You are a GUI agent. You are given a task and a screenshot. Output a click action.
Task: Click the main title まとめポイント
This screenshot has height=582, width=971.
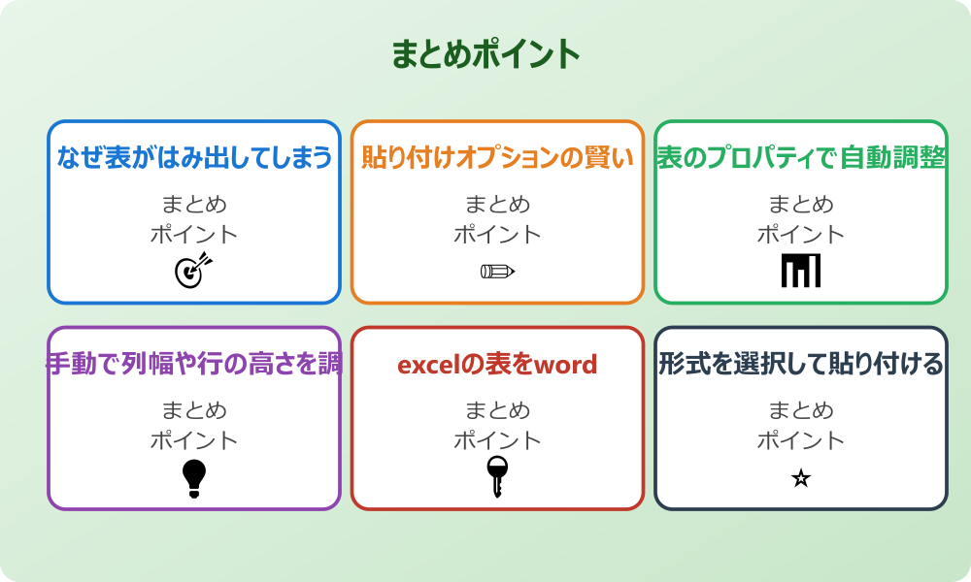tap(485, 54)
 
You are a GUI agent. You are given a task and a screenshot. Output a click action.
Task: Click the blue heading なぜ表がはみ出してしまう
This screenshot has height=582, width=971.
tap(194, 157)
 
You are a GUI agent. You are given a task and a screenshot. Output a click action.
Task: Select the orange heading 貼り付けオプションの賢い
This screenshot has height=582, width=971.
tap(497, 157)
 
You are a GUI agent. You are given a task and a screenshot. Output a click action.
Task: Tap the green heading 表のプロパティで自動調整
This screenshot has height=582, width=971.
tap(801, 157)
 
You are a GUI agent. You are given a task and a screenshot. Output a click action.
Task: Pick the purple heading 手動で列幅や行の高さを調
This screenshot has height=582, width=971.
tap(194, 364)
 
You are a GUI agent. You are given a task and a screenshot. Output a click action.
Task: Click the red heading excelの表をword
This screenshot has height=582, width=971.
tap(497, 365)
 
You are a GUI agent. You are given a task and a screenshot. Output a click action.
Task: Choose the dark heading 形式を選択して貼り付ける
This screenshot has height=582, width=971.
tap(801, 364)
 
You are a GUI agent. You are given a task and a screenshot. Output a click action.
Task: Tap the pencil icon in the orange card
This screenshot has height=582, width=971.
tap(497, 271)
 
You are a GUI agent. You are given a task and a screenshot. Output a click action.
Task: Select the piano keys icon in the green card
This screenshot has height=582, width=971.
tap(801, 271)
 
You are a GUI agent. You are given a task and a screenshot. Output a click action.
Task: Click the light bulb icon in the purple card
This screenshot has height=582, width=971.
tap(194, 478)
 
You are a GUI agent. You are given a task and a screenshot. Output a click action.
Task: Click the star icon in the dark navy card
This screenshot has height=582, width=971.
tap(801, 478)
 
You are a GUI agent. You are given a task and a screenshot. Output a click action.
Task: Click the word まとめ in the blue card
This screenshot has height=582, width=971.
tap(194, 205)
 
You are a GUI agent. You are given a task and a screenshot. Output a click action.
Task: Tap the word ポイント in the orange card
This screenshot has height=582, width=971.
tap(497, 234)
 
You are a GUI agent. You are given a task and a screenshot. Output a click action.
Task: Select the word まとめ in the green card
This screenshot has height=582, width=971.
tap(801, 205)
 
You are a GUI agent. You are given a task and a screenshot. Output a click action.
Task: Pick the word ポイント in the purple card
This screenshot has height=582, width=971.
tap(194, 440)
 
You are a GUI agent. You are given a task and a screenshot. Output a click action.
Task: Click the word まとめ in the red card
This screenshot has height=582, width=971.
tap(497, 411)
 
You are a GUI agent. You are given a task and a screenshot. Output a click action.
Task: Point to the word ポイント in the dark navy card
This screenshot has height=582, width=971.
tap(801, 440)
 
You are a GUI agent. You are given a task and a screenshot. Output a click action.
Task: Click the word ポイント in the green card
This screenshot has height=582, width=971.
tap(801, 234)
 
